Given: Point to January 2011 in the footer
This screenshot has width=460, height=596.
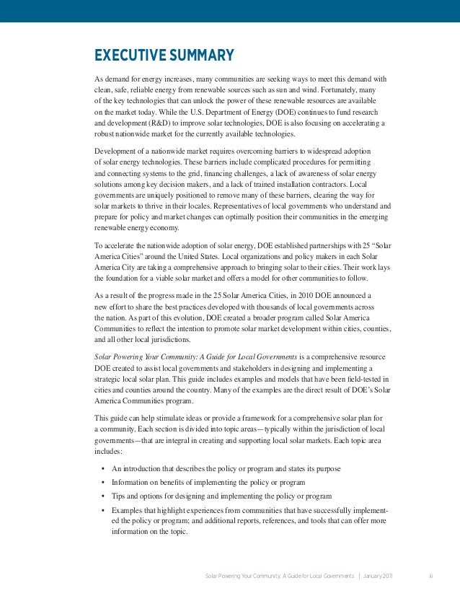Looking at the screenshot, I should (x=384, y=577).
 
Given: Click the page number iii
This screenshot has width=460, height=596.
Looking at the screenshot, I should (x=430, y=577).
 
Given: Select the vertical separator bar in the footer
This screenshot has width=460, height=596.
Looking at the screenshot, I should (x=359, y=577).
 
